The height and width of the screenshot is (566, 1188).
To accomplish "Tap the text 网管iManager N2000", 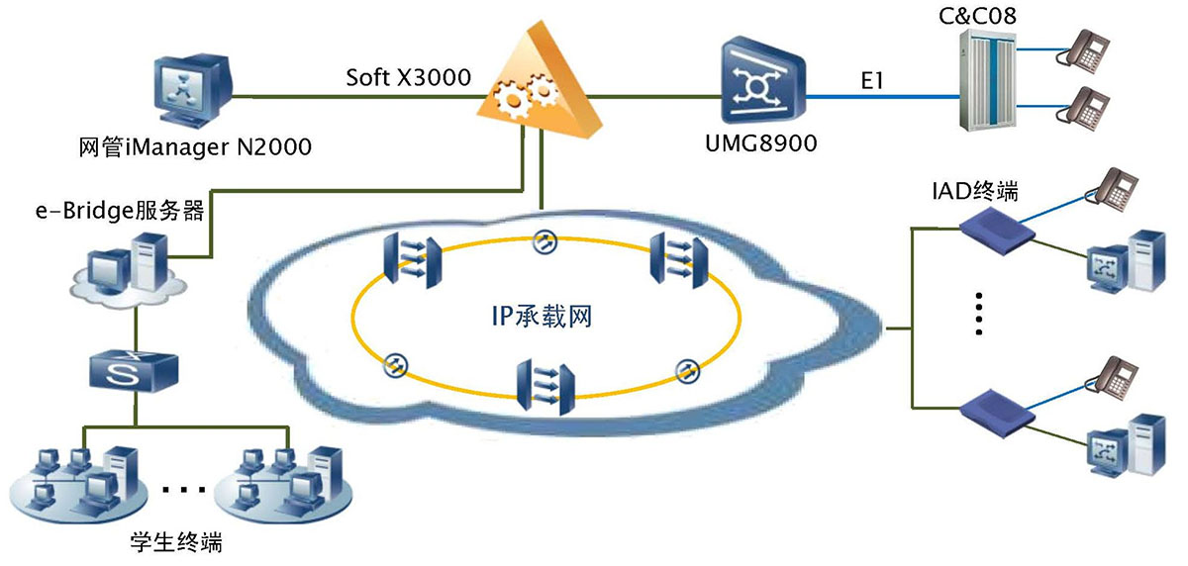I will click(x=194, y=148).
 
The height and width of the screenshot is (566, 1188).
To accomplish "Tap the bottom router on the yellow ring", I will click(x=545, y=389).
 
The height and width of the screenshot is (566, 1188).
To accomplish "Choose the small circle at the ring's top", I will click(x=544, y=240).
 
